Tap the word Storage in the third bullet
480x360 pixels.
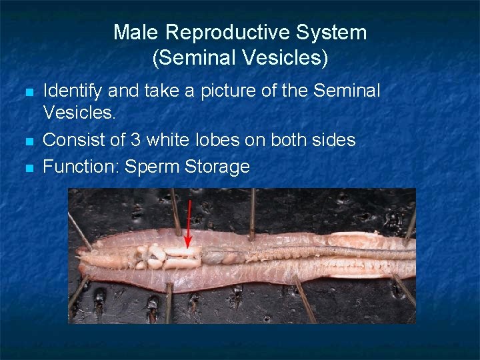[x=217, y=166]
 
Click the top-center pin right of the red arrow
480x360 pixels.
[x=252, y=213]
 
